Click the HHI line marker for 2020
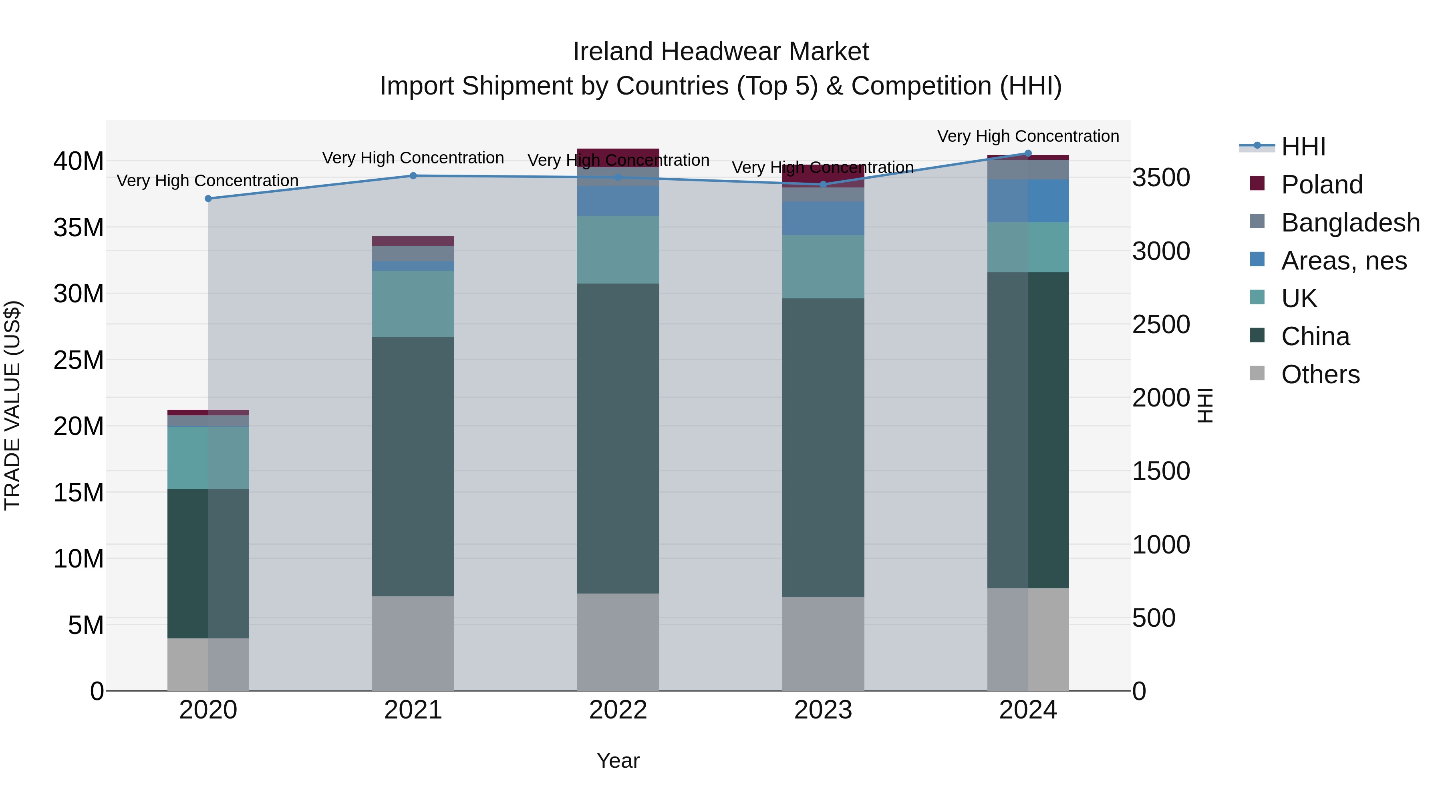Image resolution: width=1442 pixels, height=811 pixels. click(x=208, y=199)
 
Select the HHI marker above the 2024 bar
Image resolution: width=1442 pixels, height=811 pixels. click(x=1028, y=153)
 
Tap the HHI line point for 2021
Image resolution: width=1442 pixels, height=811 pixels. click(x=413, y=176)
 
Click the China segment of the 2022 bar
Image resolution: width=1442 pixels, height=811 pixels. click(x=618, y=438)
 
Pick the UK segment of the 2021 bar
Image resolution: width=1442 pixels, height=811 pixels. click(x=413, y=304)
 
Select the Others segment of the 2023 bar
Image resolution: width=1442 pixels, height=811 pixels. click(x=823, y=644)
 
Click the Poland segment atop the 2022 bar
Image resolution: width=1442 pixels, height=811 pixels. click(x=618, y=157)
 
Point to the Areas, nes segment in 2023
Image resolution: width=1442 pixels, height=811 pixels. click(x=823, y=218)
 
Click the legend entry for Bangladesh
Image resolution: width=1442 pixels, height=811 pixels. click(x=1349, y=223)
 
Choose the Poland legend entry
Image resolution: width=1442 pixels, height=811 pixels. click(x=1321, y=185)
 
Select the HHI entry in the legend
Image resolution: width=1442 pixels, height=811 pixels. click(x=1303, y=147)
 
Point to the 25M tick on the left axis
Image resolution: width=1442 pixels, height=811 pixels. click(x=79, y=360)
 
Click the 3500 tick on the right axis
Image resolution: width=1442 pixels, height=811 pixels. click(x=1161, y=177)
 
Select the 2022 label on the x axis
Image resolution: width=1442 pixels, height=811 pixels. click(x=618, y=710)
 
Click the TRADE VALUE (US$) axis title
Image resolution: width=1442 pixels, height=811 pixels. click(x=12, y=405)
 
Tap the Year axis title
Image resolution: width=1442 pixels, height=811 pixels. click(x=618, y=761)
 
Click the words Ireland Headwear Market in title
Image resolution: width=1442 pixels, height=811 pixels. click(x=721, y=52)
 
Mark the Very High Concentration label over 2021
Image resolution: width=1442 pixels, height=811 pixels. click(x=413, y=158)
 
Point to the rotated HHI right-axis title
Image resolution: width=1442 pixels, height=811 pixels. click(x=1204, y=405)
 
